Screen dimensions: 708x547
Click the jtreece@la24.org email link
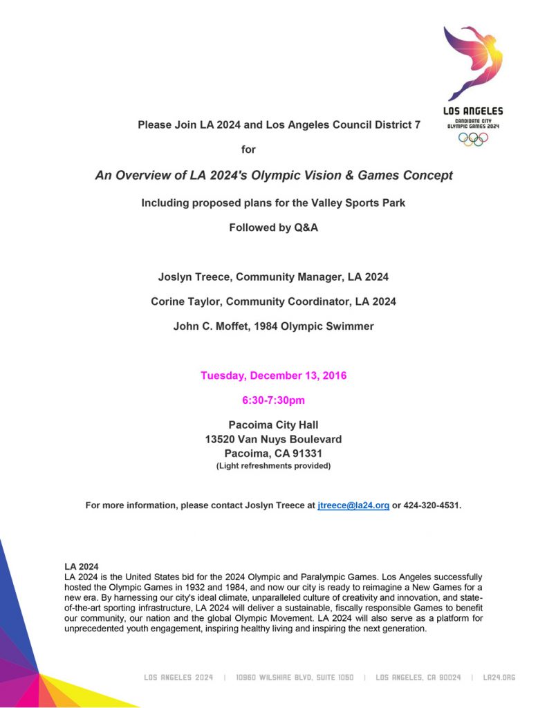coord(353,505)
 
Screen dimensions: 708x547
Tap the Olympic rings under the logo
coord(473,138)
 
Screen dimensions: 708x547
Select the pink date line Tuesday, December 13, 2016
coord(273,376)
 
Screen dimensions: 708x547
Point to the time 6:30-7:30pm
coord(273,400)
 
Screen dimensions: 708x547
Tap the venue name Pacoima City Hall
coord(273,425)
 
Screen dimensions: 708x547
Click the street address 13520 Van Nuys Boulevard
coord(273,439)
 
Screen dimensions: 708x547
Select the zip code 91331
coord(305,454)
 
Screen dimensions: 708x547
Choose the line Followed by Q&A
coord(273,227)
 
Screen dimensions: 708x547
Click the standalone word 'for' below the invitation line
coord(248,149)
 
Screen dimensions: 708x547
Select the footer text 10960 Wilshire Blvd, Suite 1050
coord(294,678)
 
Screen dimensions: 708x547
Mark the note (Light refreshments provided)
coord(273,466)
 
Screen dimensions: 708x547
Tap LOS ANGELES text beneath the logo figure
coord(473,111)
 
